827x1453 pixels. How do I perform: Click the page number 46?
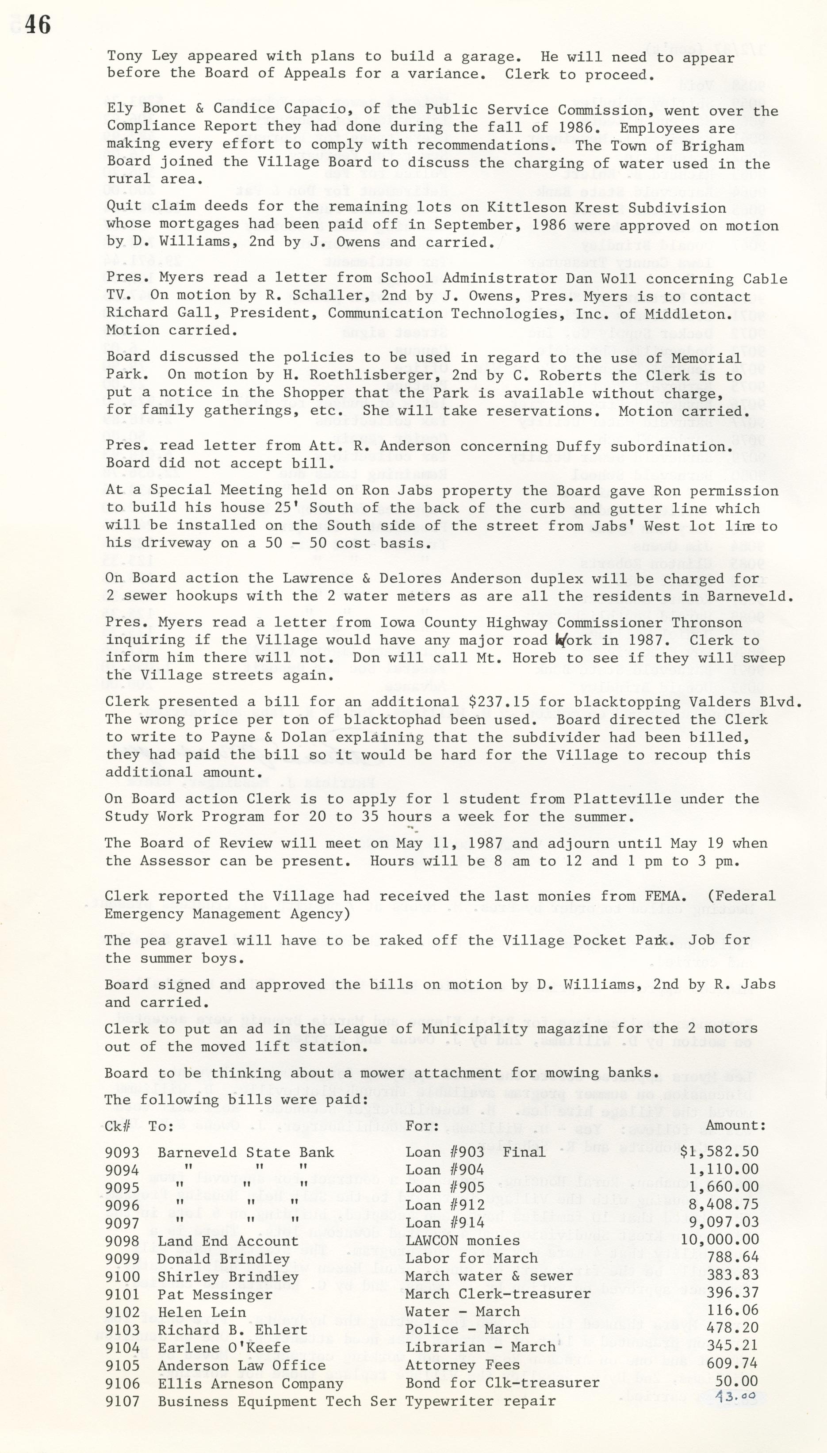pyautogui.click(x=38, y=25)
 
